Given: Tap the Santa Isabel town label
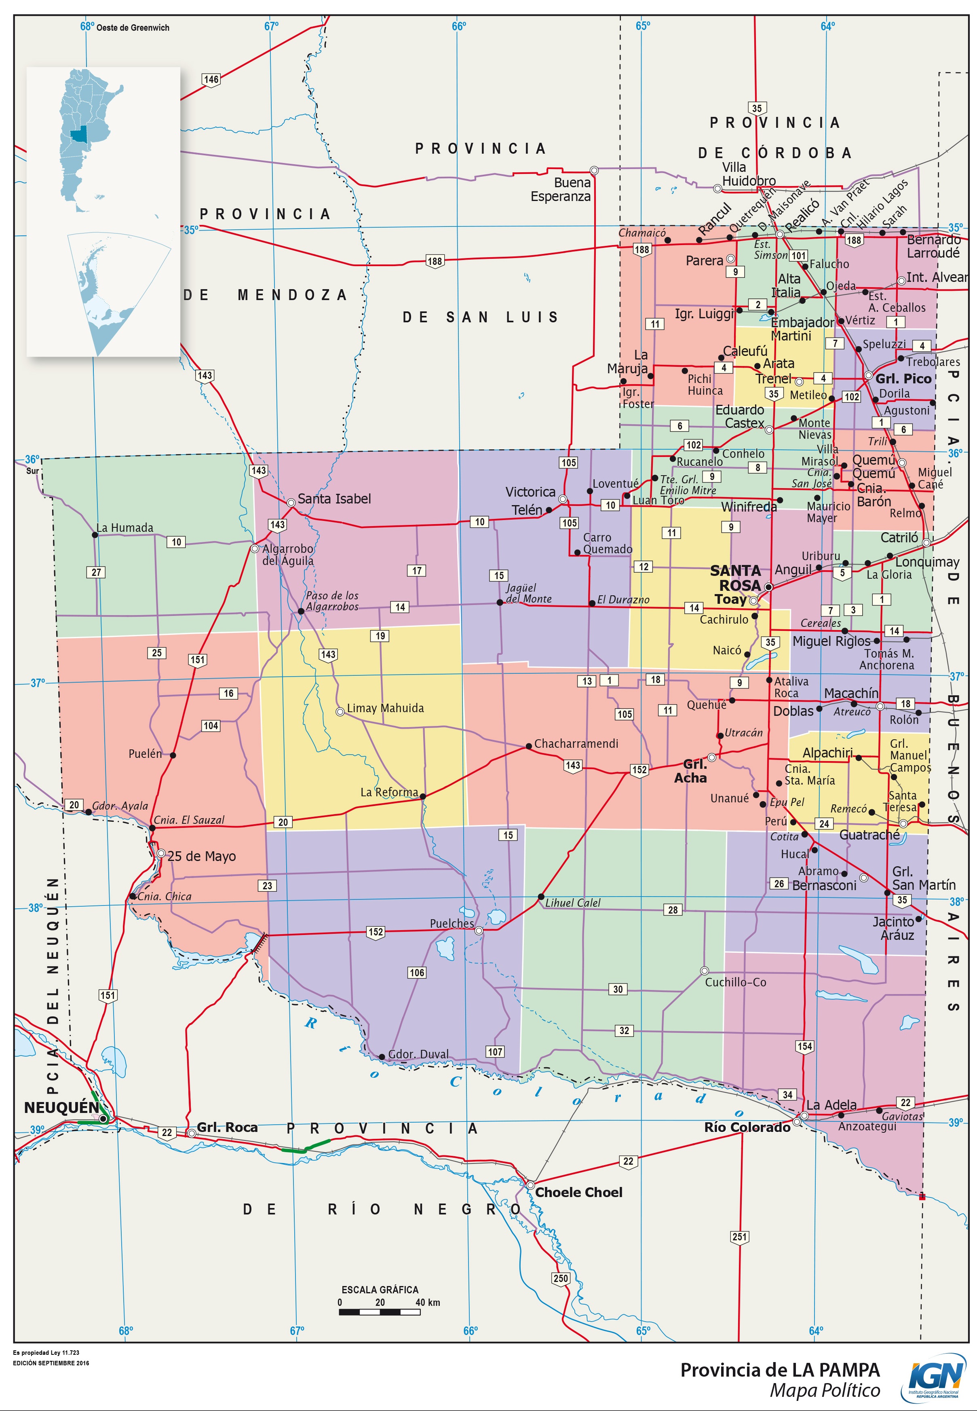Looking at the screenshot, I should [334, 499].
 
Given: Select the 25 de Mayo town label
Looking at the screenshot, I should [201, 856].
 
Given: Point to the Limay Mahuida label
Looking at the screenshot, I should [385, 708].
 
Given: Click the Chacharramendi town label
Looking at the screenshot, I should [576, 743].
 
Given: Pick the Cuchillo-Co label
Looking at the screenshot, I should [735, 982].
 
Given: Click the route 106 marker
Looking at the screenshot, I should [417, 973].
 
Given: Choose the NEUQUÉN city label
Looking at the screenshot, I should [61, 1107].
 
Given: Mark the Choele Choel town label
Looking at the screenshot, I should [578, 1192].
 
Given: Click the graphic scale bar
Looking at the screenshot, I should [380, 1312].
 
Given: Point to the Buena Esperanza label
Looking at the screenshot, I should [561, 189].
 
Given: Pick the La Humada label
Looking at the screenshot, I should [125, 527].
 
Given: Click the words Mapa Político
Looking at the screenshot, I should [825, 1390].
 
